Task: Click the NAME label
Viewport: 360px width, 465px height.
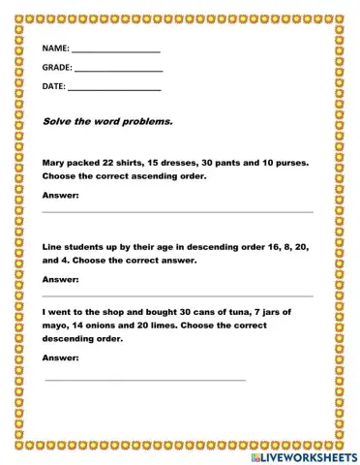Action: [55, 48]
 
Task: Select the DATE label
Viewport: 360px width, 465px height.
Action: [53, 86]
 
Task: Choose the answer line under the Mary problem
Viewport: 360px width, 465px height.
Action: [178, 211]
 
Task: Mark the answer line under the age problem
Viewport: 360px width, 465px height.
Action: [178, 295]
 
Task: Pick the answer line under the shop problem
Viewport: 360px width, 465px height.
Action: [145, 379]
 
